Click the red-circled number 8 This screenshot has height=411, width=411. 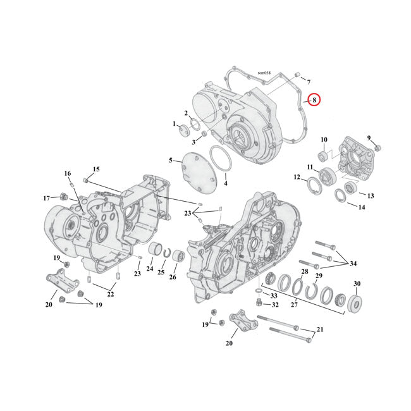tap(314, 100)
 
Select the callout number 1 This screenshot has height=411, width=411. tap(175, 124)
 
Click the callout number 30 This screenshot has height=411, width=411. tap(357, 284)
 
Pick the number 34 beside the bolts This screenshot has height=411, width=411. tap(353, 263)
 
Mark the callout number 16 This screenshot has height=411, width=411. tap(68, 173)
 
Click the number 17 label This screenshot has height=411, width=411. tap(46, 198)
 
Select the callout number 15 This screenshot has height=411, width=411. tap(96, 169)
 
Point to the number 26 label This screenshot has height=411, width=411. tap(174, 276)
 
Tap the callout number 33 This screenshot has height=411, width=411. tap(273, 295)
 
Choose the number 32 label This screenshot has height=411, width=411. tap(275, 305)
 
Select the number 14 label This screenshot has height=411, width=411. tap(361, 207)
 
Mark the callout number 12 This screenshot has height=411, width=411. tap(297, 178)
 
